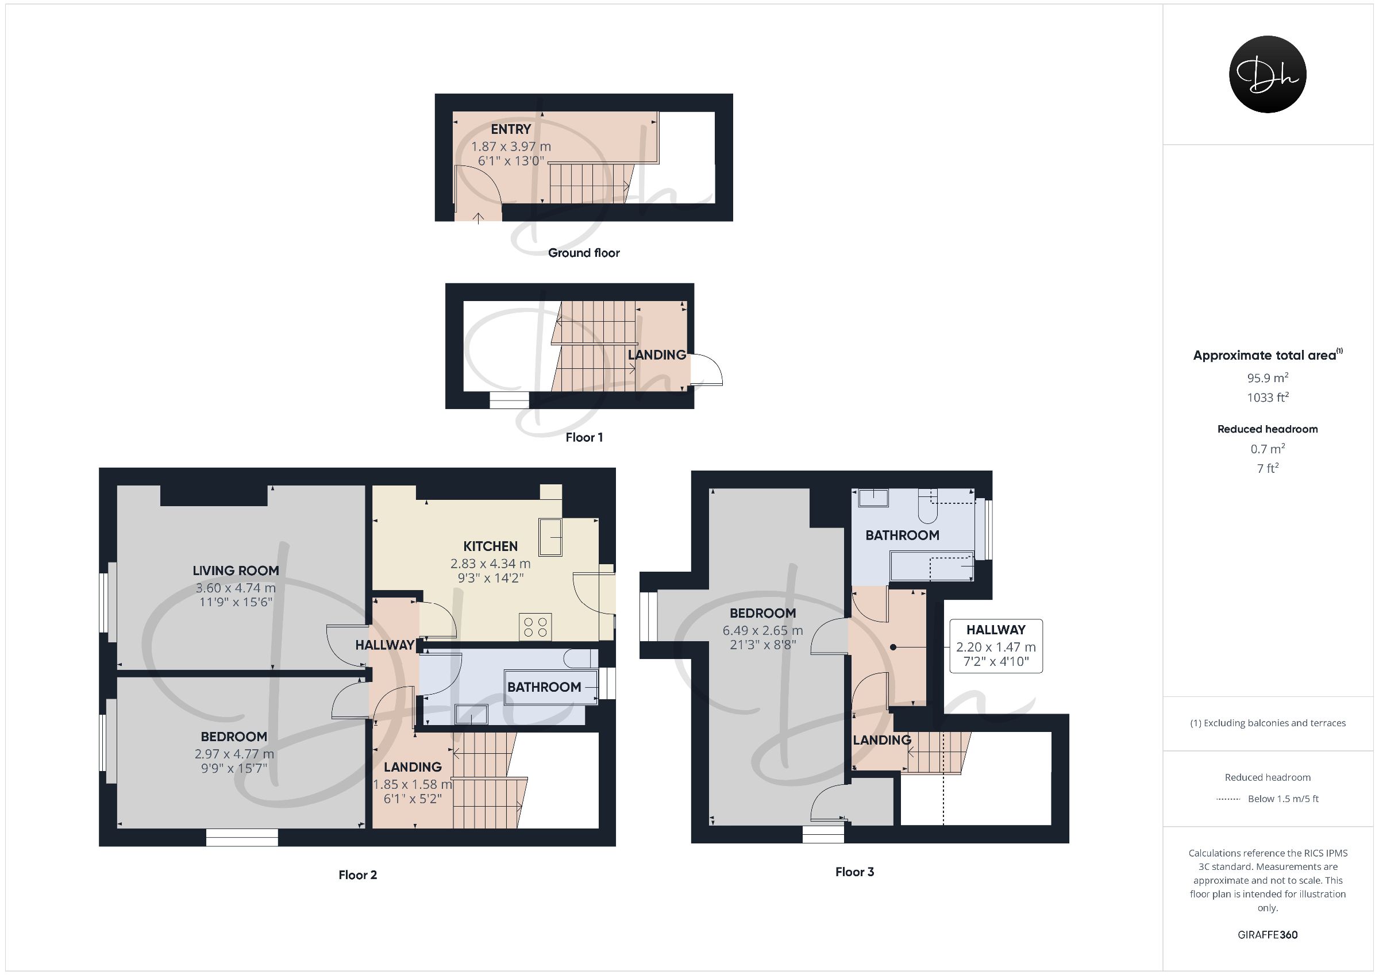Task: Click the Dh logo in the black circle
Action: pos(1268,75)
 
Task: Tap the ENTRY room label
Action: pos(511,129)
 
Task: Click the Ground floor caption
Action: pos(584,253)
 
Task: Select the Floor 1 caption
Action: pos(584,437)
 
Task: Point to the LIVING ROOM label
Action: pos(236,571)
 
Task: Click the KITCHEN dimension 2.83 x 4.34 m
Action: pos(490,564)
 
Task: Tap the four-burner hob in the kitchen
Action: pos(535,627)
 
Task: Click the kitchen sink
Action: pos(550,537)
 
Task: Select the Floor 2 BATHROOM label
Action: pos(544,687)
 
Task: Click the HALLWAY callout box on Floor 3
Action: pos(996,646)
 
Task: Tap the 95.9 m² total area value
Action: pos(1268,378)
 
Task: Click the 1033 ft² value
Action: pos(1268,397)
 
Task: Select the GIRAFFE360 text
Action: pos(1268,935)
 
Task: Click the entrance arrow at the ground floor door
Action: pos(478,218)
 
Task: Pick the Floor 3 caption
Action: pos(854,872)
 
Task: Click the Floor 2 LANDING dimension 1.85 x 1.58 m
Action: pos(412,785)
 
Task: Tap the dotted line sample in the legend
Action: pos(1228,799)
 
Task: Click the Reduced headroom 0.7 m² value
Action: pos(1268,449)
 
